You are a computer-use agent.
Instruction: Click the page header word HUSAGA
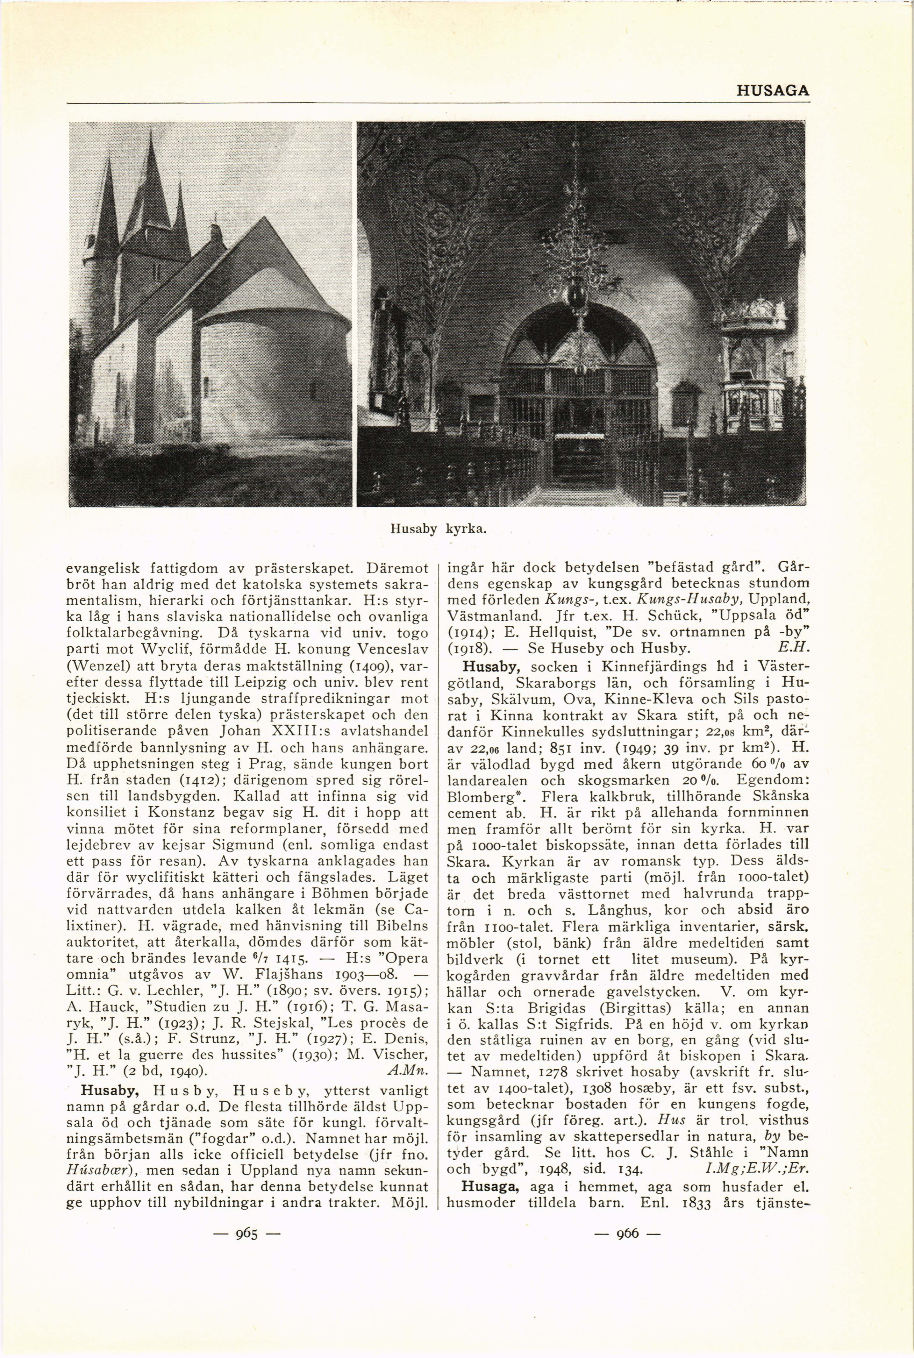(x=772, y=91)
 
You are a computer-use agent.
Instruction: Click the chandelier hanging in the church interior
(x=577, y=262)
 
